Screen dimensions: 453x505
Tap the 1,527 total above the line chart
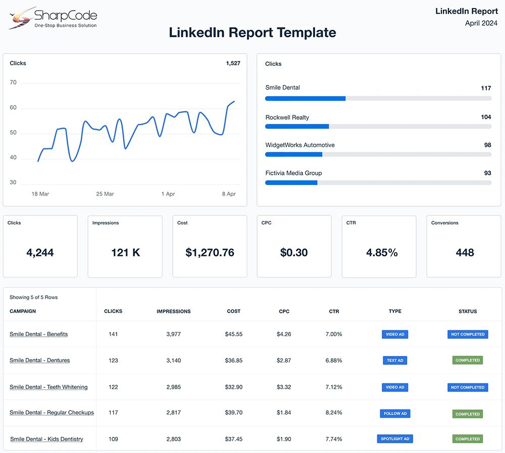(x=233, y=63)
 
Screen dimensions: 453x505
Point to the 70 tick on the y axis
(x=13, y=82)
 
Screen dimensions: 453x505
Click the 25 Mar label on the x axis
(x=105, y=194)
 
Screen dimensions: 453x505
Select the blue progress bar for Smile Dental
(x=305, y=99)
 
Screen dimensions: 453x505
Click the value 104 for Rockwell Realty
(x=486, y=117)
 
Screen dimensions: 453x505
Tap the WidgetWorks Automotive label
(x=300, y=145)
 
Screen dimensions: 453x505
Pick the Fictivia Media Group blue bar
(x=291, y=183)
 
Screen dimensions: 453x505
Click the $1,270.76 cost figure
(x=210, y=252)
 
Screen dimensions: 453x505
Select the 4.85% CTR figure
(x=382, y=252)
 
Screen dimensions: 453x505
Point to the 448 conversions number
(x=465, y=252)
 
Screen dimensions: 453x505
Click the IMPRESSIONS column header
(x=174, y=311)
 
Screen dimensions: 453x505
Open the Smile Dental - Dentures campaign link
(x=40, y=360)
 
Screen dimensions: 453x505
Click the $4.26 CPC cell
(x=284, y=334)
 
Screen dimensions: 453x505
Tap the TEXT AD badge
(x=395, y=360)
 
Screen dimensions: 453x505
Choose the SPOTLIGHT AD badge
(x=395, y=439)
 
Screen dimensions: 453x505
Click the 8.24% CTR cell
(x=334, y=413)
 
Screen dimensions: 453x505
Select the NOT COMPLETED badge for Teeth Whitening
(x=467, y=387)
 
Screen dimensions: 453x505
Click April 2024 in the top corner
(x=481, y=23)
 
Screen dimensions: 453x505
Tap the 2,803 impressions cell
(x=173, y=439)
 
